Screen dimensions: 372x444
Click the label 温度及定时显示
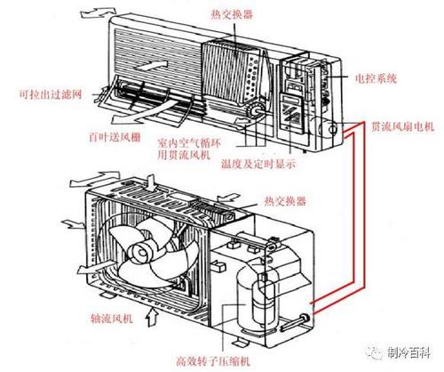pyautogui.click(x=260, y=163)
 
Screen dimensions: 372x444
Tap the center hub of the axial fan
pyautogui.click(x=139, y=255)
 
